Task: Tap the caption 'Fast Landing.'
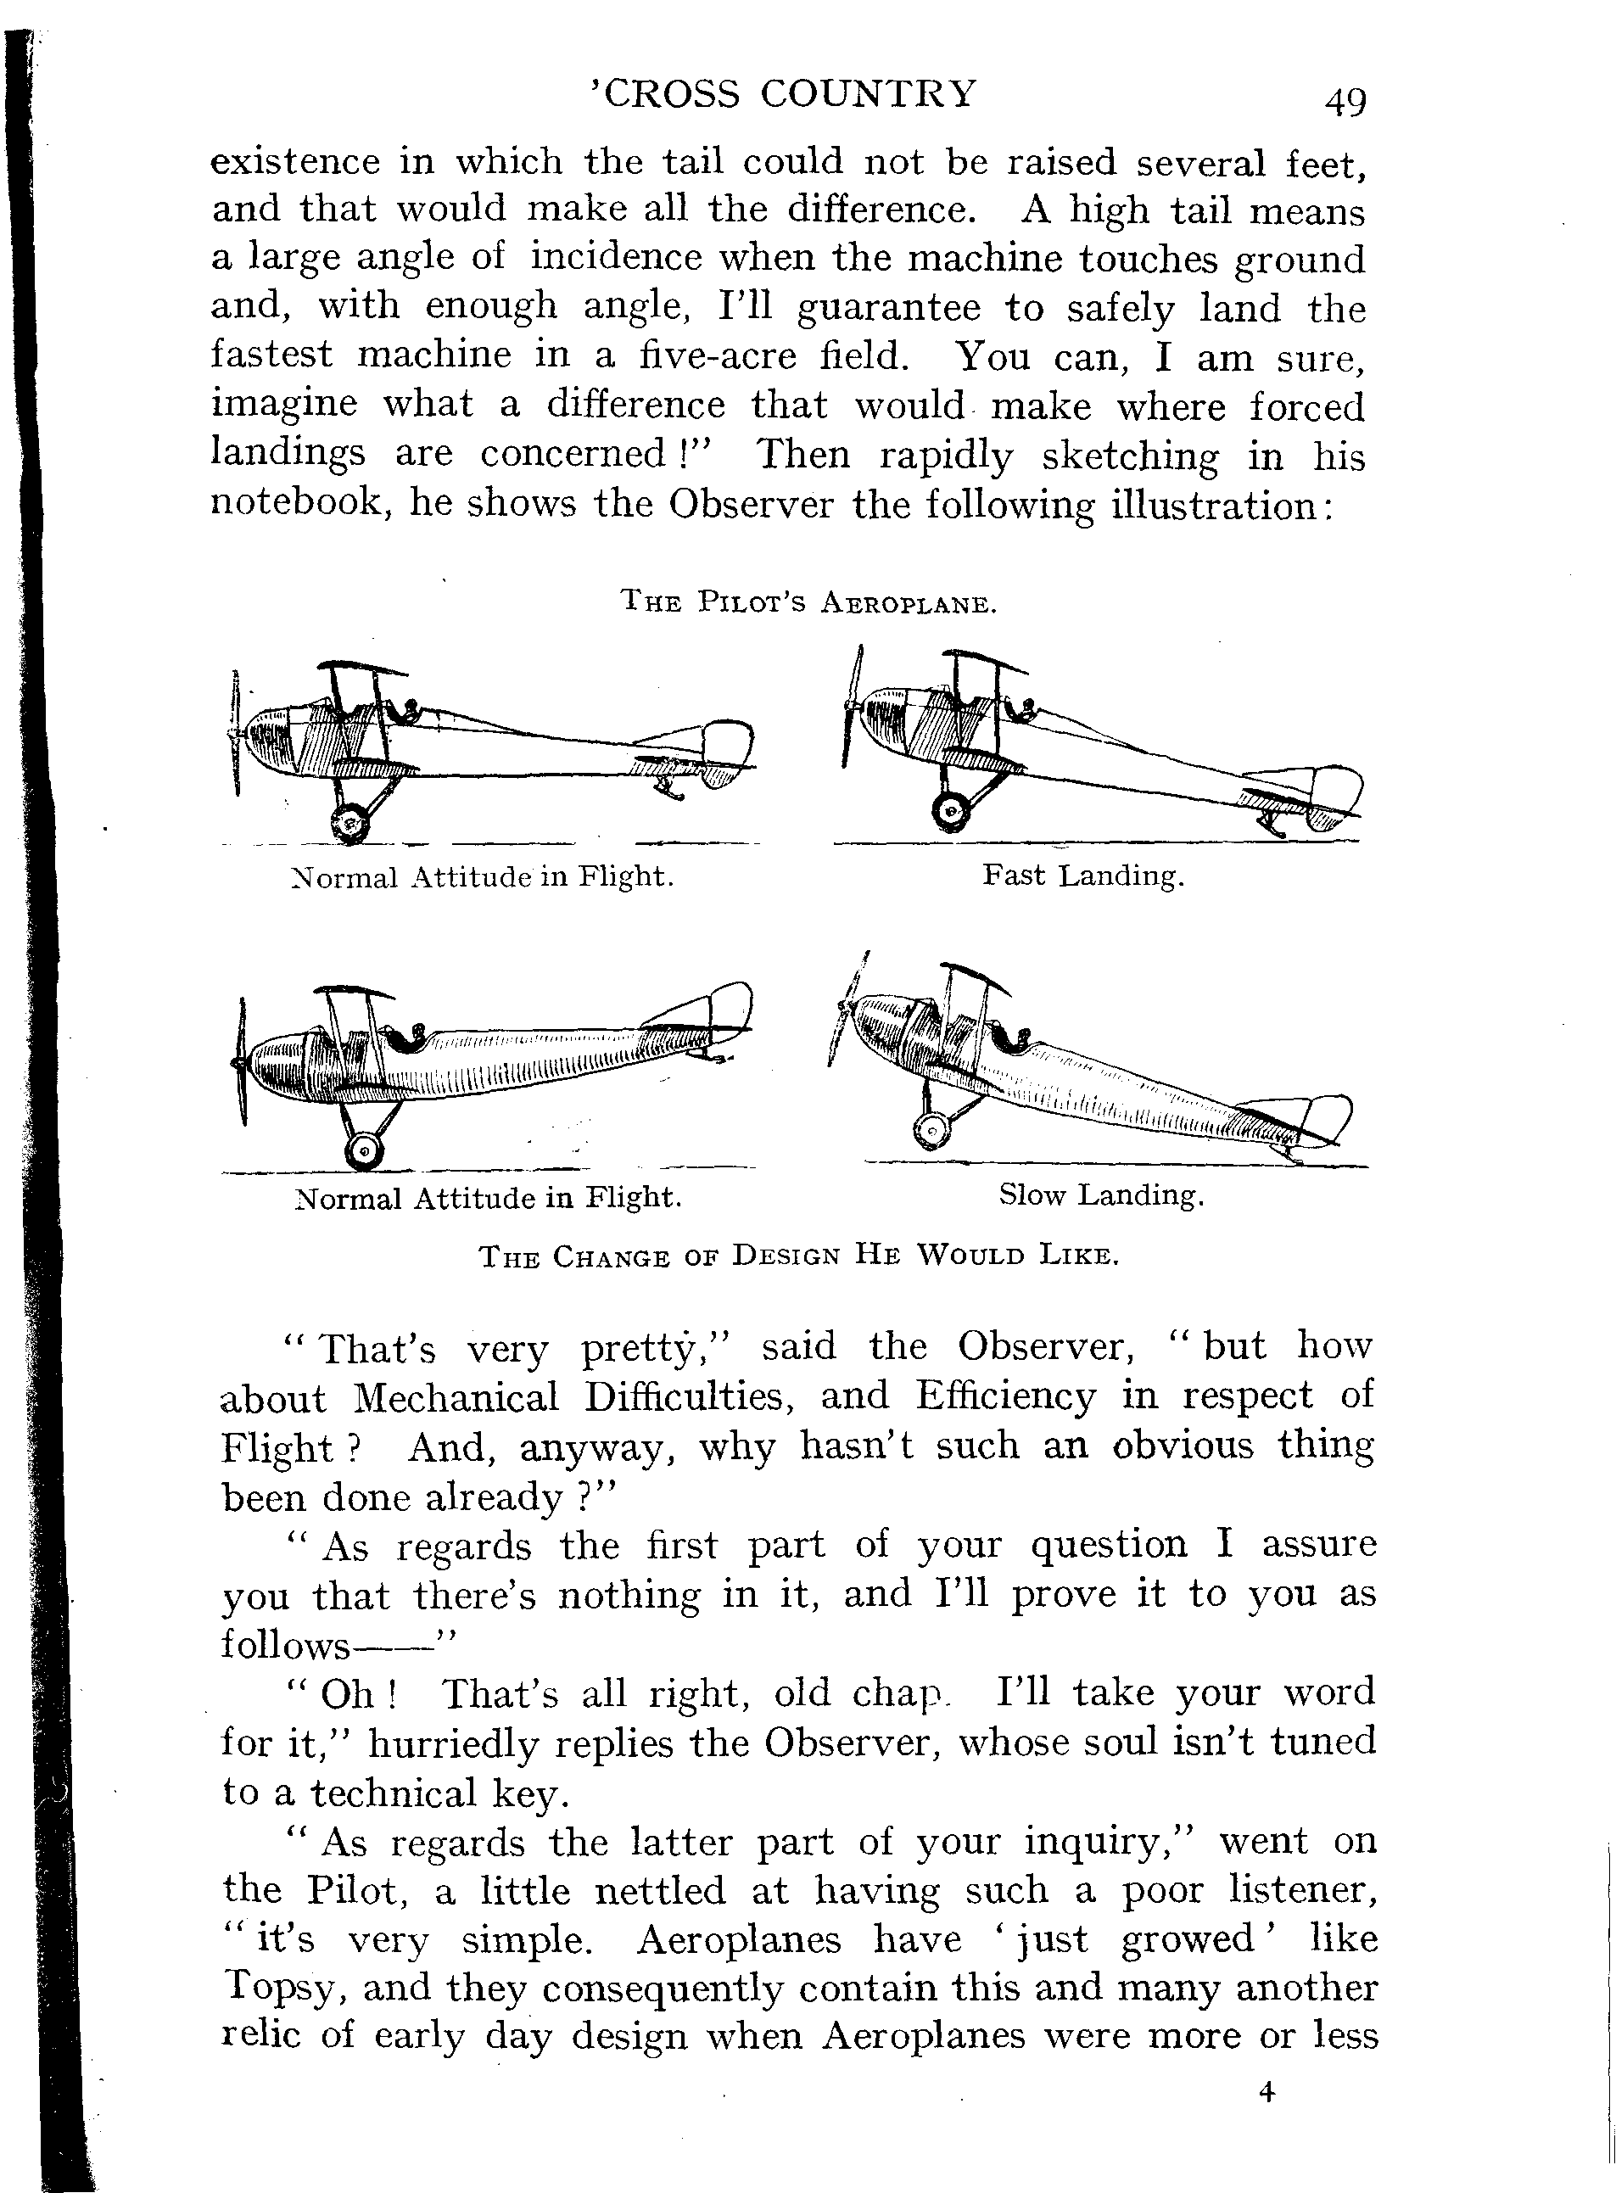[x=1083, y=875]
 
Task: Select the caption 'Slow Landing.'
[x=1100, y=1194]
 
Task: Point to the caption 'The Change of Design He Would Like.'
[x=798, y=1256]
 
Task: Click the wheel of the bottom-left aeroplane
[x=363, y=1152]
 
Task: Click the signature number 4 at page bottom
[x=1267, y=2092]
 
